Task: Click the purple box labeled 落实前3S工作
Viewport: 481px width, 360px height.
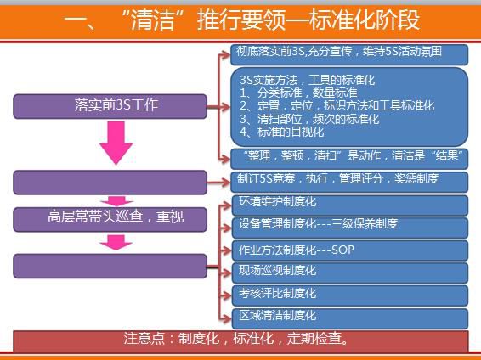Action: [x=110, y=106]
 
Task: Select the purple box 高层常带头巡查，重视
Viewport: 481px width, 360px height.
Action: [x=110, y=219]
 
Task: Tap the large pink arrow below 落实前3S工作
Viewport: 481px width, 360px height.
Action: [x=116, y=143]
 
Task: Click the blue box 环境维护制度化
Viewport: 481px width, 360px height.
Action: [x=350, y=205]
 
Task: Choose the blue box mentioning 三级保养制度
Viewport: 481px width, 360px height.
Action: [x=350, y=228]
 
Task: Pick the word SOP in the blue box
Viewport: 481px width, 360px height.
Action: [x=342, y=250]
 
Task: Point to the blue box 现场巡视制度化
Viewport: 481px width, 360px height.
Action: [x=350, y=273]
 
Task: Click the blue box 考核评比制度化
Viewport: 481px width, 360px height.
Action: [x=350, y=295]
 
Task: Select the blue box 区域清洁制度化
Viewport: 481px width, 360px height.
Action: [x=350, y=318]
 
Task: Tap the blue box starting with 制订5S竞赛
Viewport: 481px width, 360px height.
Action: [x=349, y=182]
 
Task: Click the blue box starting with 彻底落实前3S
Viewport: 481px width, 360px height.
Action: [x=349, y=54]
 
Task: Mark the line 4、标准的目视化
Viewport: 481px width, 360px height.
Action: [x=281, y=132]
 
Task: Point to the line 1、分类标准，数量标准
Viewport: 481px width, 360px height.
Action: [x=298, y=93]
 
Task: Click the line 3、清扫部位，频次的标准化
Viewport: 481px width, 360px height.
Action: [x=309, y=119]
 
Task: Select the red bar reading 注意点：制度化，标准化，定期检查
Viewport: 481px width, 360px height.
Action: [x=240, y=341]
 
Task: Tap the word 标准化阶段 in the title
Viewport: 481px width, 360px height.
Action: [x=365, y=20]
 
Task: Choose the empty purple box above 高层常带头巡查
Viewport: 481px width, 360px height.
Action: [x=110, y=183]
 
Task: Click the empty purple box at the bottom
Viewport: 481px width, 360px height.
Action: [x=110, y=267]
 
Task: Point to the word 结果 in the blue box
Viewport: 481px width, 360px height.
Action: [x=447, y=155]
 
